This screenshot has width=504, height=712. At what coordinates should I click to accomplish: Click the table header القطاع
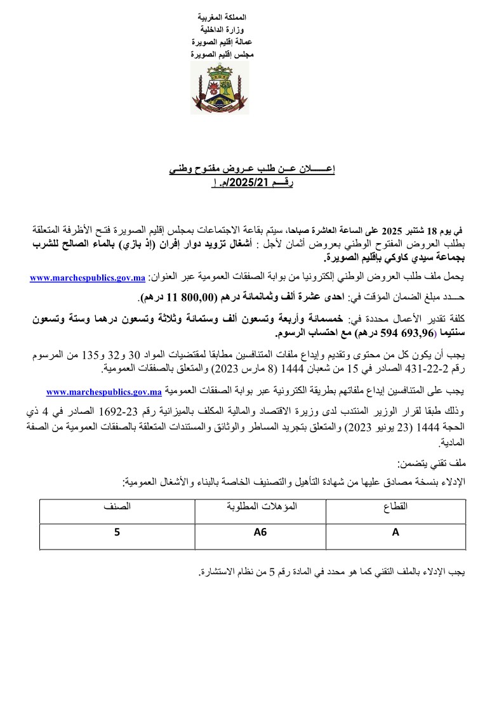click(395, 508)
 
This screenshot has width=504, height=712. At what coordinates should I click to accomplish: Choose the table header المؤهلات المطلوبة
click(258, 508)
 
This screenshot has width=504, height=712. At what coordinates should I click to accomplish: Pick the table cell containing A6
click(258, 533)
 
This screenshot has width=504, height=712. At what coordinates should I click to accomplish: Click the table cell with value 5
click(117, 533)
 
